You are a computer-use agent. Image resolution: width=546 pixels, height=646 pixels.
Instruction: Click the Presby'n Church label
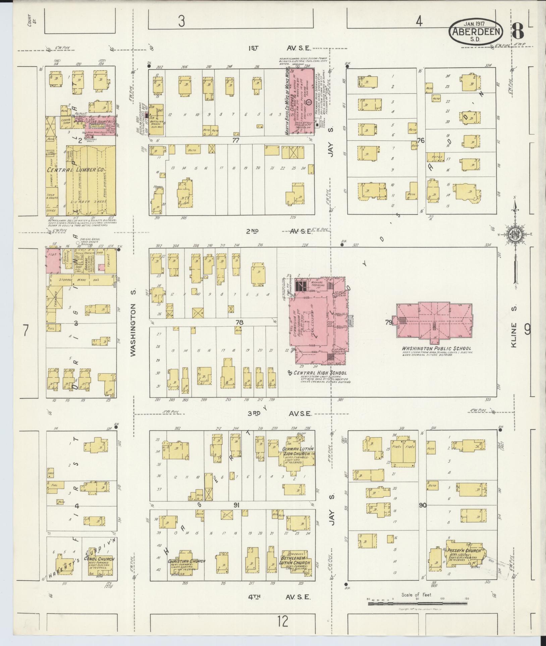pyautogui.click(x=465, y=551)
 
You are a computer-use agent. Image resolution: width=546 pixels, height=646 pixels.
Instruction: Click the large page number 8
pyautogui.click(x=518, y=33)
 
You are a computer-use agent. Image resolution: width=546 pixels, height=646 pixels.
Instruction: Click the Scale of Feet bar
pyautogui.click(x=417, y=603)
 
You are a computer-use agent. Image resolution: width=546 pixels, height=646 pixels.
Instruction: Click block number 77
pyautogui.click(x=236, y=140)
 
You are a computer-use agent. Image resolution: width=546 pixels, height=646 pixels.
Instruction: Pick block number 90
pyautogui.click(x=423, y=505)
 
